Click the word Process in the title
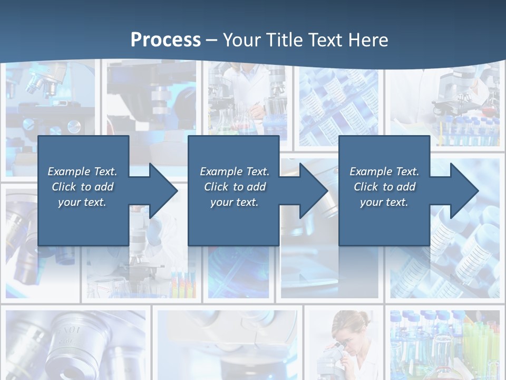[x=166, y=40]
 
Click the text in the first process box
[x=82, y=187]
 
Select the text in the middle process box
[x=235, y=187]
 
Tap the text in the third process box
[x=384, y=187]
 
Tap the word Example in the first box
[x=69, y=172]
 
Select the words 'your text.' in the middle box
[x=235, y=202]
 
